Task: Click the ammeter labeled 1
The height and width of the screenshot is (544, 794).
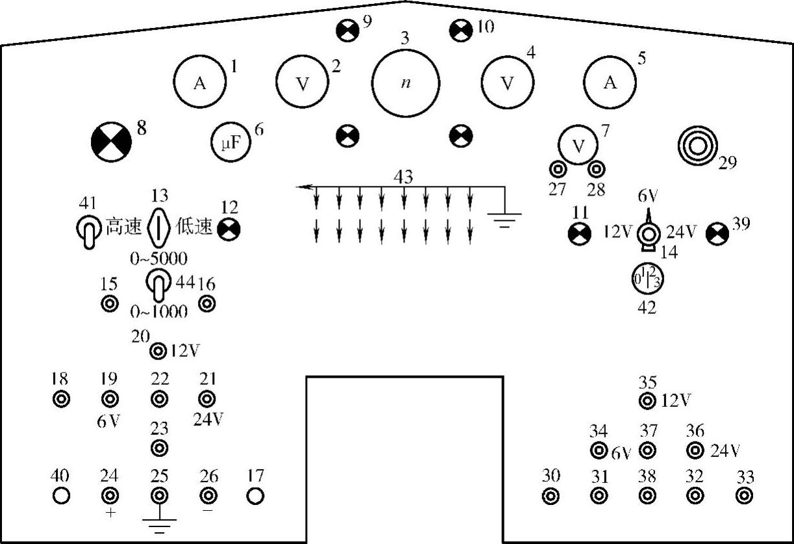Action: pos(199,83)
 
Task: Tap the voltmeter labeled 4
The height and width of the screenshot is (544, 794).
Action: pos(508,83)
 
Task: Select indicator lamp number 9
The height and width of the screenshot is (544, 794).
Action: pos(347,29)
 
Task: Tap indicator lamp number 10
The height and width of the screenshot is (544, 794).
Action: pos(462,29)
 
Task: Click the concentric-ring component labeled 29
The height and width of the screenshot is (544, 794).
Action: pos(697,146)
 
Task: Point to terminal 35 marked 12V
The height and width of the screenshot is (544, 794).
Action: pos(647,401)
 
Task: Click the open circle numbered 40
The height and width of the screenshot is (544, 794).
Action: pos(61,496)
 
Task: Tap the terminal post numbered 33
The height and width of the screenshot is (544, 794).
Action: pos(744,496)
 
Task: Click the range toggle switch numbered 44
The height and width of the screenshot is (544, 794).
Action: pos(156,285)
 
